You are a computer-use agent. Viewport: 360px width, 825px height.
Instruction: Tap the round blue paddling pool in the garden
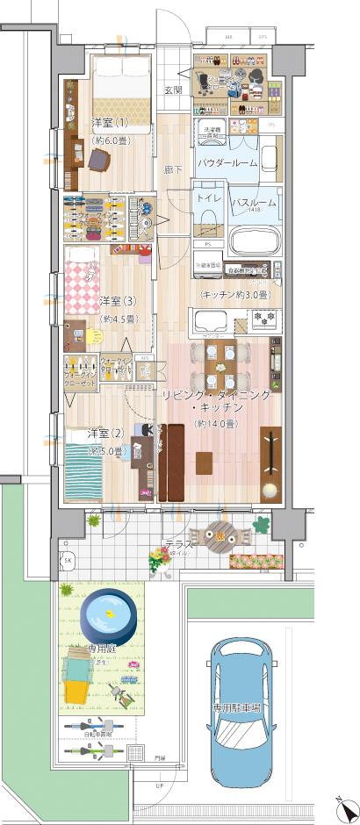tap(106, 613)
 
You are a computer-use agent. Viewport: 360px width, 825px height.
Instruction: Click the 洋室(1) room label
tap(110, 122)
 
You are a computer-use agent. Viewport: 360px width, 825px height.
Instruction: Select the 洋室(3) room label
tap(118, 301)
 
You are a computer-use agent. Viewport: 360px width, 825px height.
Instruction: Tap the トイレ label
tap(208, 197)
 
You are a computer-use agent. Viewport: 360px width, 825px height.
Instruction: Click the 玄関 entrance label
tap(173, 90)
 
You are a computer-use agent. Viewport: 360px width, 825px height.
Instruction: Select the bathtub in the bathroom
tap(253, 239)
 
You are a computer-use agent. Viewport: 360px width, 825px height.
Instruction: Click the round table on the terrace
tap(216, 534)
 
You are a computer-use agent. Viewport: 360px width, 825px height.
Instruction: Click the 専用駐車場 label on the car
tap(239, 707)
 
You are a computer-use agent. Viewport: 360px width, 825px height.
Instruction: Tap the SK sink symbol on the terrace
tap(68, 559)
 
